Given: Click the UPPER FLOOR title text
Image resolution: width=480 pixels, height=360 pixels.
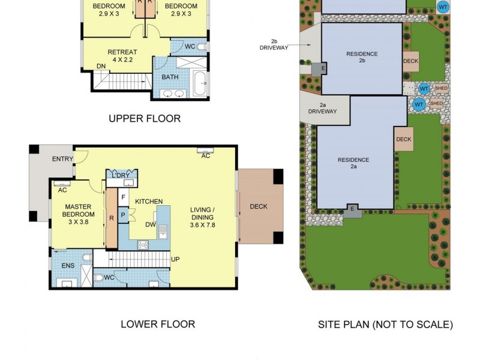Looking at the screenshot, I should click(x=145, y=119).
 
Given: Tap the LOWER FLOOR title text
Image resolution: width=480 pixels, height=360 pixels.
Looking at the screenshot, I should click(x=158, y=324).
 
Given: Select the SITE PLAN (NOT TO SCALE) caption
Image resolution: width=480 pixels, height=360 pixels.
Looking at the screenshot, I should click(x=385, y=325).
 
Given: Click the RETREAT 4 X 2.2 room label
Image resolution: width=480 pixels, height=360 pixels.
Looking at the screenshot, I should click(x=122, y=56).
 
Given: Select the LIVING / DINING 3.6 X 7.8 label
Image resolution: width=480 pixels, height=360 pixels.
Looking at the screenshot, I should click(x=202, y=217).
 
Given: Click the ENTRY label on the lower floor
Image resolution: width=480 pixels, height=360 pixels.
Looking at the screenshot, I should click(x=62, y=158).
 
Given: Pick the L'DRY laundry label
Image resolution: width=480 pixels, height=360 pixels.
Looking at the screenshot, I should click(x=122, y=175).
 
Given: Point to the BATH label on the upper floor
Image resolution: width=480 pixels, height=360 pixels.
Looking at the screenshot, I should click(x=170, y=77).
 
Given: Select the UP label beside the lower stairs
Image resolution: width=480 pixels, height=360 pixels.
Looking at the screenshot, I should click(x=176, y=259).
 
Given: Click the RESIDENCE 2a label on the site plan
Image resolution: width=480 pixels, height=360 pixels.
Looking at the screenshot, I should click(x=353, y=163).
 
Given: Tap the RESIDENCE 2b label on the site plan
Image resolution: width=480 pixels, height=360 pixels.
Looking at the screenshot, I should click(x=362, y=57).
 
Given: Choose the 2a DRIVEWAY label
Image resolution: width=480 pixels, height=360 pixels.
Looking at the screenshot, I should click(x=322, y=108).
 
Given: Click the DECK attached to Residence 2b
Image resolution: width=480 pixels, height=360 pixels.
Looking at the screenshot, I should click(x=410, y=61).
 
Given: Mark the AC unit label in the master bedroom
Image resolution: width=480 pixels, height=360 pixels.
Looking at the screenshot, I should click(x=62, y=190).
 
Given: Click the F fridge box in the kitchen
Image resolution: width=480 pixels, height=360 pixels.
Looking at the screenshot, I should click(x=123, y=197).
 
